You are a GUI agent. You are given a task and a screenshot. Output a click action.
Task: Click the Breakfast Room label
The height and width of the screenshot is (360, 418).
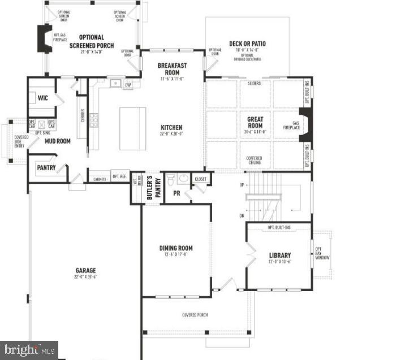[x=173, y=69]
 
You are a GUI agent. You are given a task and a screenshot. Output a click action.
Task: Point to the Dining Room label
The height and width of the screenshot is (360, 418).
[x=176, y=248]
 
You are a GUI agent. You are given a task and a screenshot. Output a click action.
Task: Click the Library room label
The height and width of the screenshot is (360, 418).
[x=280, y=255]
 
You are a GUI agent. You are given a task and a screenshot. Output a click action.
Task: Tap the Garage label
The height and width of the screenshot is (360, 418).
[x=85, y=271]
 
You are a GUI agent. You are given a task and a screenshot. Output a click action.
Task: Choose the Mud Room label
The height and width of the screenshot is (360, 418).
[x=57, y=141]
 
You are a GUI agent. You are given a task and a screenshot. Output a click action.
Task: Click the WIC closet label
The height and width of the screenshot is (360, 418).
[x=43, y=98]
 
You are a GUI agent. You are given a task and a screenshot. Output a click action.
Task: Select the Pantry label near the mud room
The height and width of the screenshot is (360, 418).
[x=46, y=167]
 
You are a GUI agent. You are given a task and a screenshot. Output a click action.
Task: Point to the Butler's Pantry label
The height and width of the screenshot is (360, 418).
[x=151, y=188]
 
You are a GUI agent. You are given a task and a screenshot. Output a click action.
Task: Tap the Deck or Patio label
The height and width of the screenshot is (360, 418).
[x=247, y=44]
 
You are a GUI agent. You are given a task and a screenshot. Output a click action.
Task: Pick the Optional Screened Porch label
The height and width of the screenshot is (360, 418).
[x=92, y=41]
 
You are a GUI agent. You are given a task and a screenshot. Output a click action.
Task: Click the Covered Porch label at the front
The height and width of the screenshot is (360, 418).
[x=194, y=314]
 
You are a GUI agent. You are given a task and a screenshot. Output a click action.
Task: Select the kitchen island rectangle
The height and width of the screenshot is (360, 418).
[x=133, y=128]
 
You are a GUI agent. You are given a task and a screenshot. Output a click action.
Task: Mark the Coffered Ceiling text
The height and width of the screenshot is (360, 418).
[x=254, y=160]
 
